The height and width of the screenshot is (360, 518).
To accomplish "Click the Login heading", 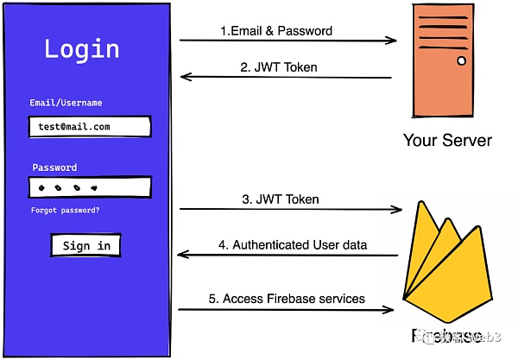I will coord(82,48).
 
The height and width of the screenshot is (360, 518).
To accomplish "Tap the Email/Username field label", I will coord(65,103).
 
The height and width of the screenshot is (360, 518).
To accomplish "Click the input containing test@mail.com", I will coord(89,127).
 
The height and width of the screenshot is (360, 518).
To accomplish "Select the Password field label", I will coord(54,167).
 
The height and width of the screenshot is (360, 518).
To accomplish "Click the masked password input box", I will coord(89,187).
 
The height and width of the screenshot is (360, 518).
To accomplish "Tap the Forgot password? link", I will coord(65,210).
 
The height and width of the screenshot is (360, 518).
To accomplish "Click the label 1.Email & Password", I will coord(276,31).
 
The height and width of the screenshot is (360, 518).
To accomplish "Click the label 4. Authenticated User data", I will coord(293,245).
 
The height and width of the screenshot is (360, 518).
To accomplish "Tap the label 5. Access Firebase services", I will coord(287,299).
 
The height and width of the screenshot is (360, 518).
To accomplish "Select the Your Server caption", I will coord(447,140).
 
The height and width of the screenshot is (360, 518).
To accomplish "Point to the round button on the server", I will coord(461,61).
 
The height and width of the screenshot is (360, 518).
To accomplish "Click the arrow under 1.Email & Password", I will coord(287,41).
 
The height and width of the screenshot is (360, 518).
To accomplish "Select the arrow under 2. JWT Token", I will coord(286,78).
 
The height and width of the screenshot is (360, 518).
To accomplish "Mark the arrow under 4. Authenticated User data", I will coord(287,255).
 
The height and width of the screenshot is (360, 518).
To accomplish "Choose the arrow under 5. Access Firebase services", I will coord(287,309).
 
